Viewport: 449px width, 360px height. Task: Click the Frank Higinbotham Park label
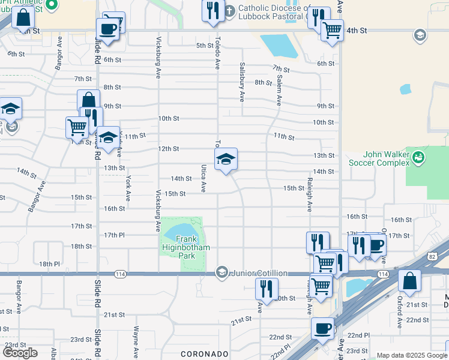pyautogui.click(x=178, y=247)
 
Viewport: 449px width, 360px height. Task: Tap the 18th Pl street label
pyautogui.click(x=49, y=263)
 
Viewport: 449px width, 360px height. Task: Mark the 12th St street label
pyautogui.click(x=169, y=148)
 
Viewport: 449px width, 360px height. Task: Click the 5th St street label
pyautogui.click(x=205, y=46)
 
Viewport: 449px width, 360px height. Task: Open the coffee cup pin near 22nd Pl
pyautogui.click(x=323, y=329)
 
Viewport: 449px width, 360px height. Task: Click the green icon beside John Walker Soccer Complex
pyautogui.click(x=419, y=158)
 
